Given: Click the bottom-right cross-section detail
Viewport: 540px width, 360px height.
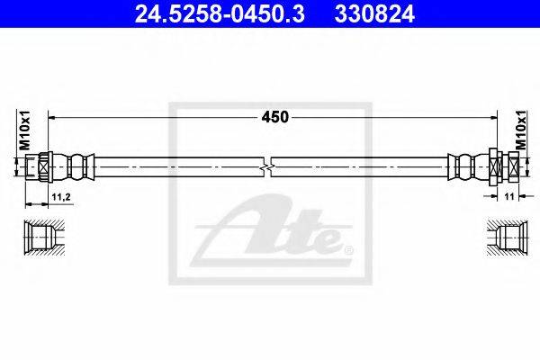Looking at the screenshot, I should (501, 239).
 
